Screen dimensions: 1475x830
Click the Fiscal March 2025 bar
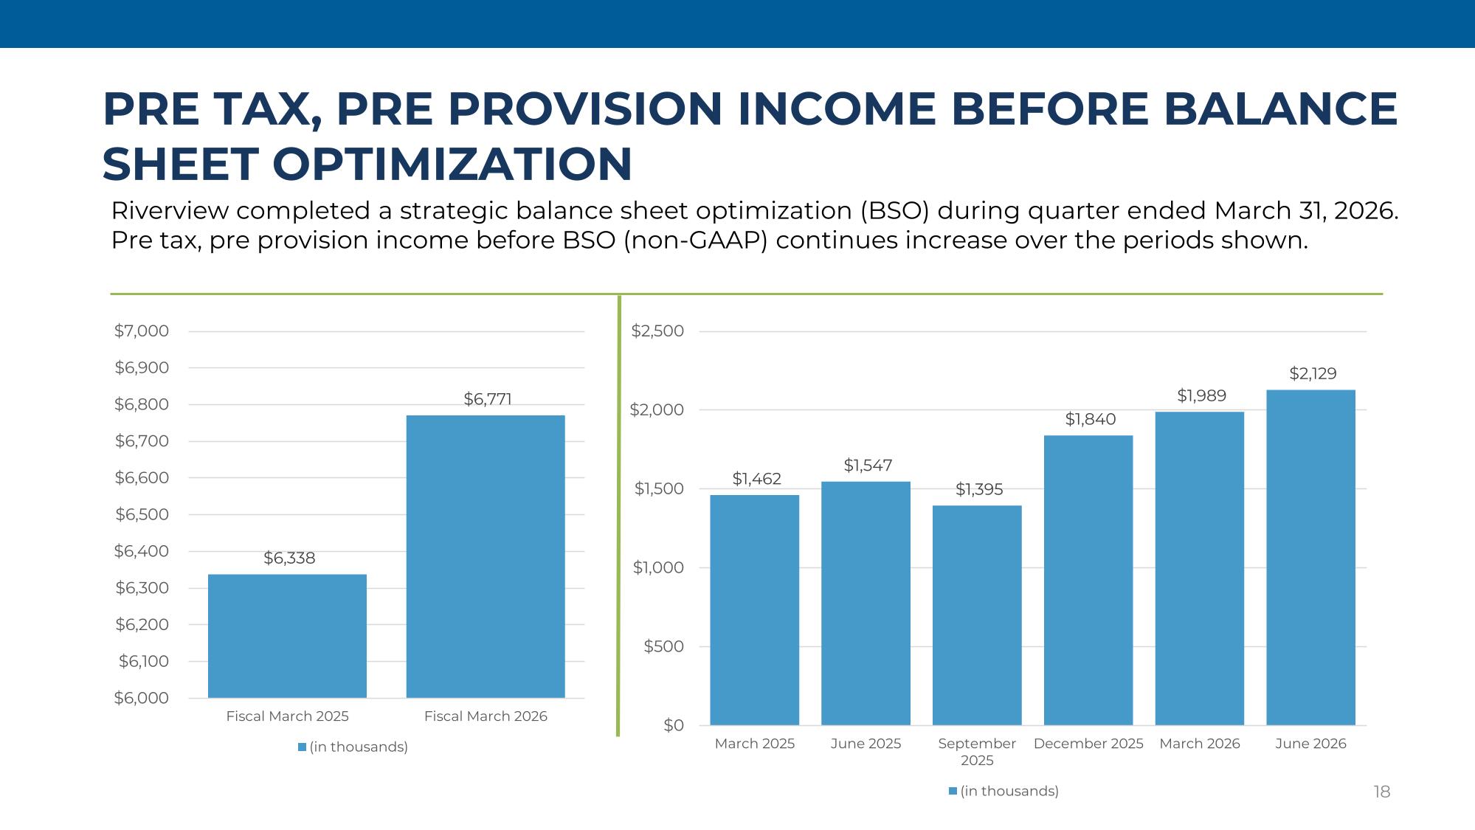[287, 636]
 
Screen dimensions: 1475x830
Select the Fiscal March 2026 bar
[486, 556]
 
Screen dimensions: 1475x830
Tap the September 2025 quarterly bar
[977, 615]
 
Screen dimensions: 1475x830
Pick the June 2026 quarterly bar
[1310, 558]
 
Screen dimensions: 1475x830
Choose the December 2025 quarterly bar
[1088, 580]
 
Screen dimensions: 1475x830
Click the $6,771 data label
[488, 399]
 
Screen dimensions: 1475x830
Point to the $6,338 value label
[289, 558]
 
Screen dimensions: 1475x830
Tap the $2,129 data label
[1313, 373]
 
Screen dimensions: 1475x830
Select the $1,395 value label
[979, 489]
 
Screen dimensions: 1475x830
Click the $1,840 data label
[1091, 419]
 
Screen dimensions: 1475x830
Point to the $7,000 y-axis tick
[142, 331]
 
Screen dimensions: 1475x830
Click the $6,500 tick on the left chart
[142, 514]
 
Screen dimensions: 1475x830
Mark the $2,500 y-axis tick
[657, 331]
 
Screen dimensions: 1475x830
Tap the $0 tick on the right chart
[674, 726]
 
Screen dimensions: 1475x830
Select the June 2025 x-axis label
[866, 744]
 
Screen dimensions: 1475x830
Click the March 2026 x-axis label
[1200, 744]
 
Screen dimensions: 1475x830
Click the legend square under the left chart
[302, 747]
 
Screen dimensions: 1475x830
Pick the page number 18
[1382, 792]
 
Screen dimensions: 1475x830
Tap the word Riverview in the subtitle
[169, 211]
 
